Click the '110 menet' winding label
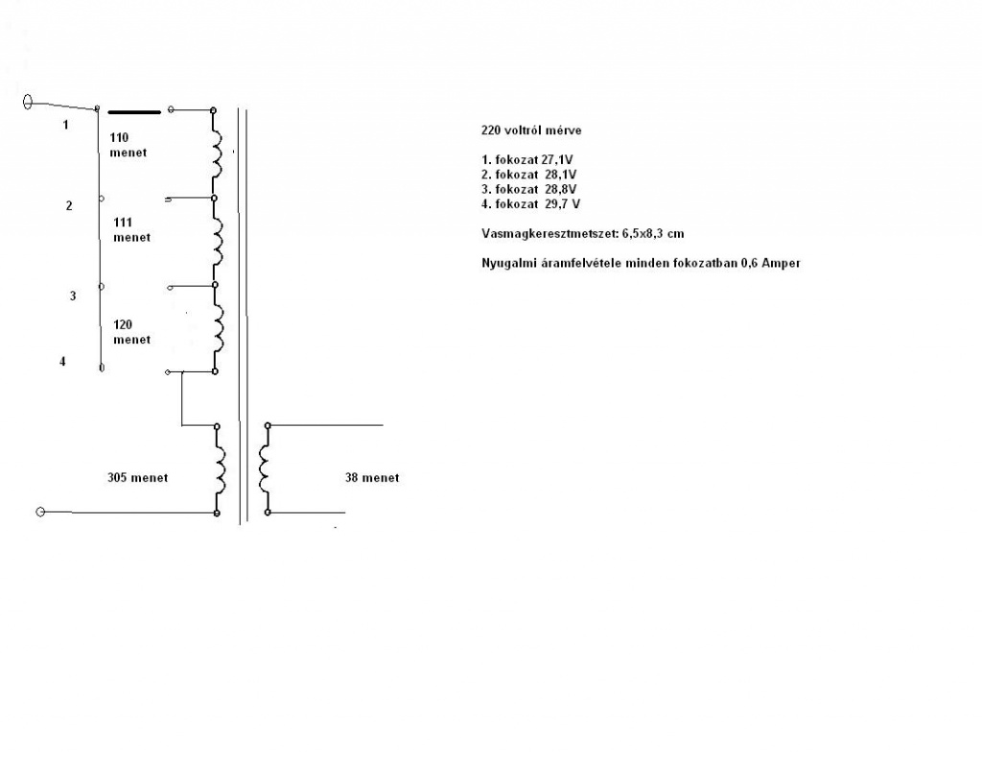tap(129, 145)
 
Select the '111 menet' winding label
tap(131, 229)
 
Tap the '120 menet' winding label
tap(131, 332)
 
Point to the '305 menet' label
tap(138, 477)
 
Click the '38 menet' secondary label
tap(372, 477)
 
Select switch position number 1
tap(66, 125)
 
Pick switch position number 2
tap(69, 205)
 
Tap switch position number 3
tap(72, 296)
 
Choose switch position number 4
tap(63, 362)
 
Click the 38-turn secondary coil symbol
tap(263, 469)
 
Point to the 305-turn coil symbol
tap(220, 469)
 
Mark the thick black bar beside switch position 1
tap(133, 110)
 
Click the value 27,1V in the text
tap(561, 160)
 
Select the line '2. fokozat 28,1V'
tap(530, 175)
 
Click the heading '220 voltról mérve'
tap(530, 130)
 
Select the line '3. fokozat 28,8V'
tap(530, 189)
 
